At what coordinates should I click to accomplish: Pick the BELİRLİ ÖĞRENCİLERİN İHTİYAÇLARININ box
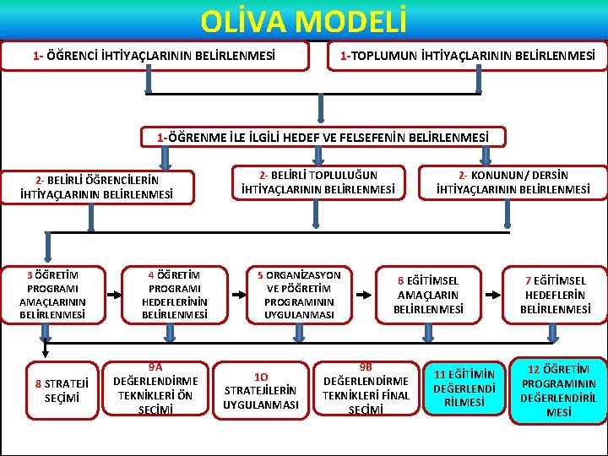pos(96,187)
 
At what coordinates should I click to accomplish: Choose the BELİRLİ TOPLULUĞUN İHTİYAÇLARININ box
pos(318,182)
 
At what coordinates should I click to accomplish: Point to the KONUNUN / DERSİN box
pos(513,182)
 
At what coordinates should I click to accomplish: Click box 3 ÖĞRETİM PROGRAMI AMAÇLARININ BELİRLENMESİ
pos(52,294)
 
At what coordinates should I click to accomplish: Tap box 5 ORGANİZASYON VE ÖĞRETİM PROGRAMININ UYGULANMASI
pos(299,295)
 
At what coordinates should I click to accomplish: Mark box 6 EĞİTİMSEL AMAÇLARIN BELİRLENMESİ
pos(428,295)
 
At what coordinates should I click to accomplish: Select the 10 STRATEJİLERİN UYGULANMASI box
pos(261,390)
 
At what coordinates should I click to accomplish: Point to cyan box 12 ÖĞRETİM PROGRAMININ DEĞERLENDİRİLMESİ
pos(557,390)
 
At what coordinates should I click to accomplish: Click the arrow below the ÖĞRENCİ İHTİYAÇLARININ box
pos(149,81)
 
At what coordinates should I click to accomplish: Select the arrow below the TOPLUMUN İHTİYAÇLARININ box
pos(480,81)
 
